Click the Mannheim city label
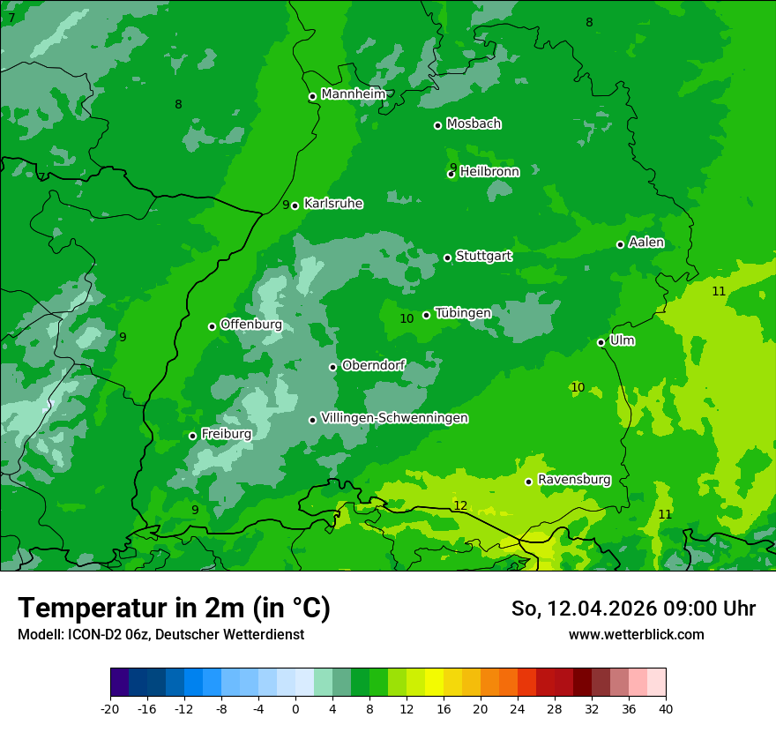pos(353,94)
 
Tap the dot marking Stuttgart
pos(448,258)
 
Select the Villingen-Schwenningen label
pos(394,418)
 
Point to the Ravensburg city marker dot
pos(529,482)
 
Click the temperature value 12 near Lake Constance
pos(460,505)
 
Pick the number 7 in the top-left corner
pos(11,18)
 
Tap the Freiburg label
pos(226,434)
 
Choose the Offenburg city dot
pos(213,326)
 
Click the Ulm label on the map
pos(622,340)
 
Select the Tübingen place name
pos(463,313)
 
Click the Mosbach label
pos(474,124)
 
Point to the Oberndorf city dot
pos(333,367)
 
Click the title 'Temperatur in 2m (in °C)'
pos(174,608)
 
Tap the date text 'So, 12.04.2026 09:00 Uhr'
pos(633,609)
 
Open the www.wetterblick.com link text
pos(636,635)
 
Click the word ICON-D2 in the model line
pos(90,635)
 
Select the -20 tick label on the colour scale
pos(110,709)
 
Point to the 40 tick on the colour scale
pos(666,709)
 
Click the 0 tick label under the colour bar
pos(295,709)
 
